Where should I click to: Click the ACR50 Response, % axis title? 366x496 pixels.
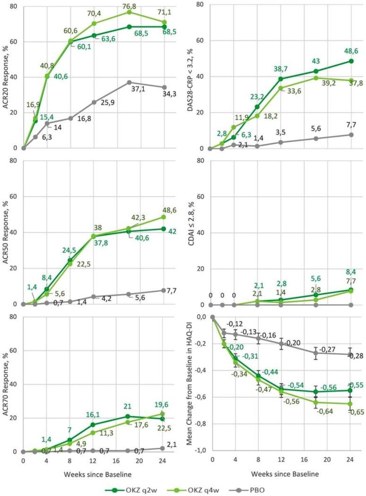point(5,234)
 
